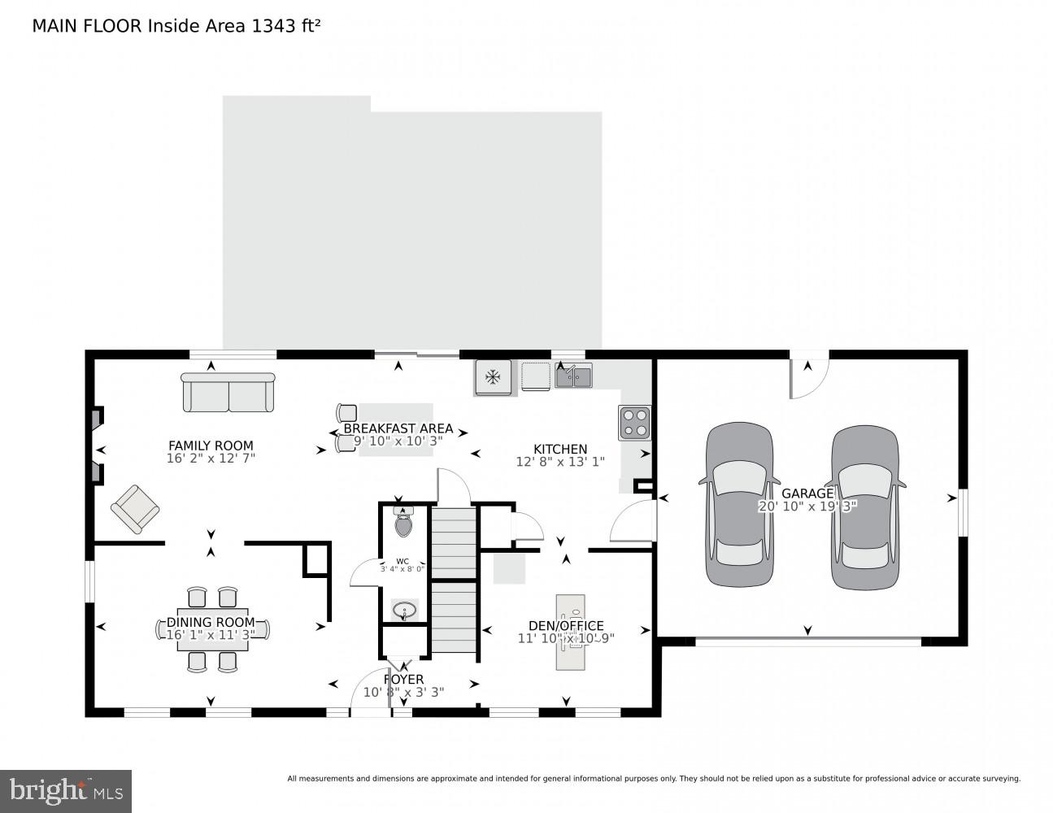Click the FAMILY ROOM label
click(211, 446)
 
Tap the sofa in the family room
click(228, 393)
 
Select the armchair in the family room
click(135, 509)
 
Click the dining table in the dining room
click(211, 628)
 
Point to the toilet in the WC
click(403, 521)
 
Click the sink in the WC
click(404, 610)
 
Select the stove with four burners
click(634, 423)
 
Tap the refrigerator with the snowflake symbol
click(492, 377)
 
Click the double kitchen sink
click(573, 376)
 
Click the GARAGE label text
click(807, 493)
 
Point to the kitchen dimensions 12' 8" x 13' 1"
click(561, 462)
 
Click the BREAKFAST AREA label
click(398, 428)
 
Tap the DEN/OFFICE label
click(566, 625)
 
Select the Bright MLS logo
click(66, 790)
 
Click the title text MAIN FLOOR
click(88, 26)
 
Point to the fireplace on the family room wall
click(98, 447)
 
